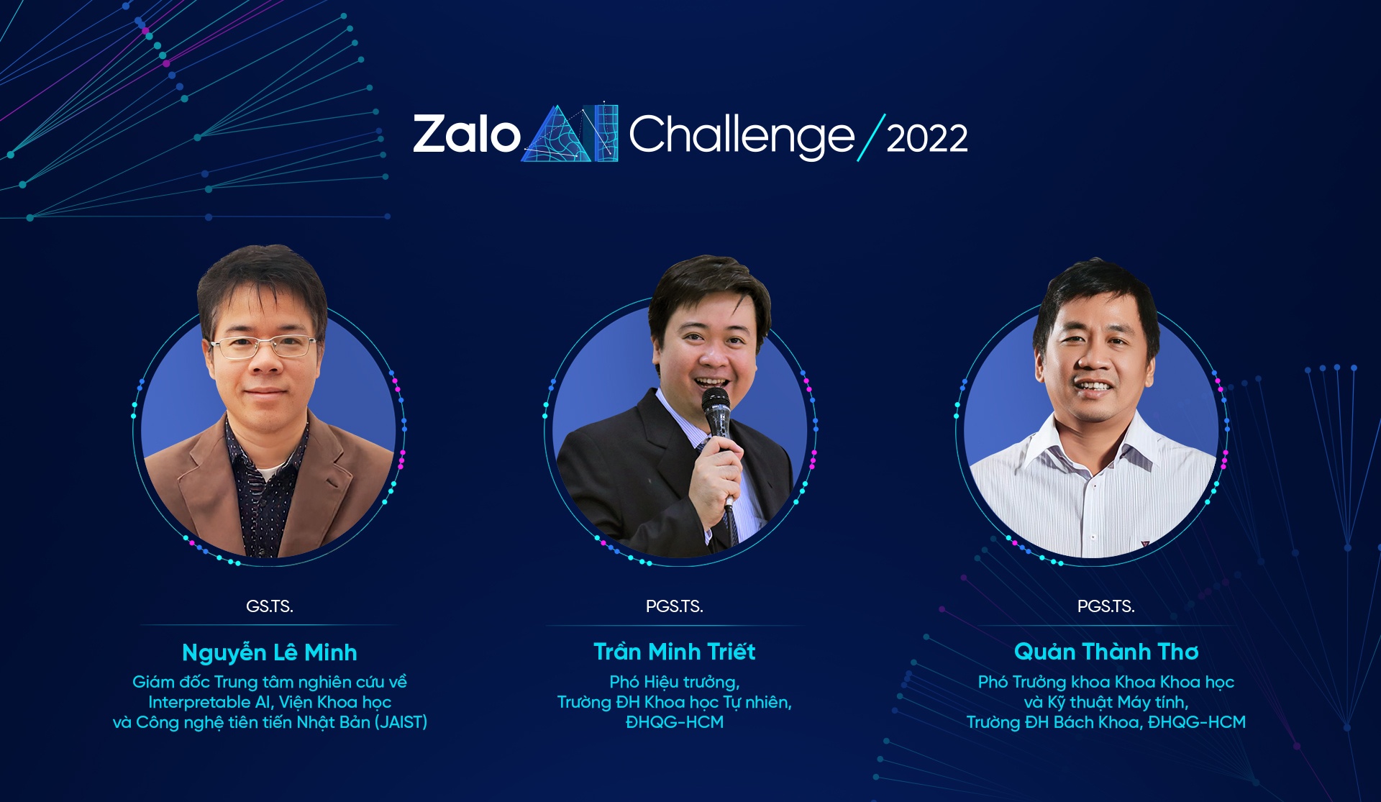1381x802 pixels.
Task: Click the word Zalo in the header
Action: point(466,135)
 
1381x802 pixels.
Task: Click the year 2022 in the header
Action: point(927,138)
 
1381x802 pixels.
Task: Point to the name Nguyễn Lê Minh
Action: point(270,652)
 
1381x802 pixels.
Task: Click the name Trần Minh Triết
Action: point(675,652)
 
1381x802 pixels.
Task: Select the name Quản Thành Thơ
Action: point(1106,652)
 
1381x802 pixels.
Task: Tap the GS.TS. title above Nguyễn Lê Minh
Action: point(270,606)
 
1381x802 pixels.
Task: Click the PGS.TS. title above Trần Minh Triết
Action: point(675,606)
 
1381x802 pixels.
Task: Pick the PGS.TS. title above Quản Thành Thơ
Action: point(1106,606)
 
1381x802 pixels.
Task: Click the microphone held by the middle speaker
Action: point(716,410)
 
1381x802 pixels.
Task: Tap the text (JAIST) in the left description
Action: point(401,722)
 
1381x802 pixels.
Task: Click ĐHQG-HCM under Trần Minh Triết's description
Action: point(675,722)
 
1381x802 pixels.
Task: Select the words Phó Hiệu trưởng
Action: point(675,682)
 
